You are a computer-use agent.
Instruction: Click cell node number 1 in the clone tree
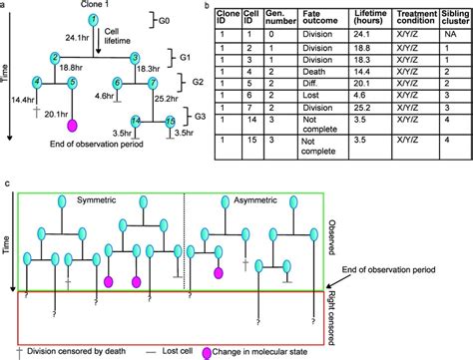click(x=92, y=20)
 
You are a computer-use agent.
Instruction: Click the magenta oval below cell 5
click(x=71, y=126)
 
